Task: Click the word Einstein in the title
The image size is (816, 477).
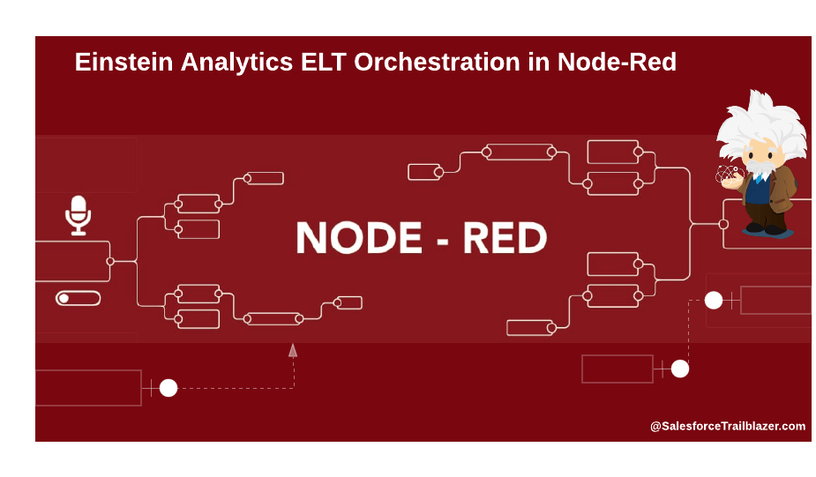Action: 124,62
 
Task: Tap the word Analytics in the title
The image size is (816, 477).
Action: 236,63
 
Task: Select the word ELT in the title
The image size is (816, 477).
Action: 324,62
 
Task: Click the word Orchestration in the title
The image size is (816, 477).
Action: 437,62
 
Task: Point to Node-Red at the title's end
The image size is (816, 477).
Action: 617,62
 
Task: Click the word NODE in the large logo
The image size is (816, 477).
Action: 359,238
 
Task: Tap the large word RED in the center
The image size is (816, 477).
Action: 505,238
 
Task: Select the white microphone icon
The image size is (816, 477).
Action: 78,215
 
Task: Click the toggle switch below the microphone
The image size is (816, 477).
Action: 78,298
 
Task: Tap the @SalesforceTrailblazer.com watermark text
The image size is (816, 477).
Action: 728,426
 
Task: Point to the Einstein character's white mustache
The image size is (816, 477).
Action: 760,168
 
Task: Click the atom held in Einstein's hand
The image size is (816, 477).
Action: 727,175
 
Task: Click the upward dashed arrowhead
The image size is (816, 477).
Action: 293,350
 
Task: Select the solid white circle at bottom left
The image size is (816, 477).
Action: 168,388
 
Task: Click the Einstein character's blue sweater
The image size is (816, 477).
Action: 758,191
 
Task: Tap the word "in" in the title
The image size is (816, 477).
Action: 539,62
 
